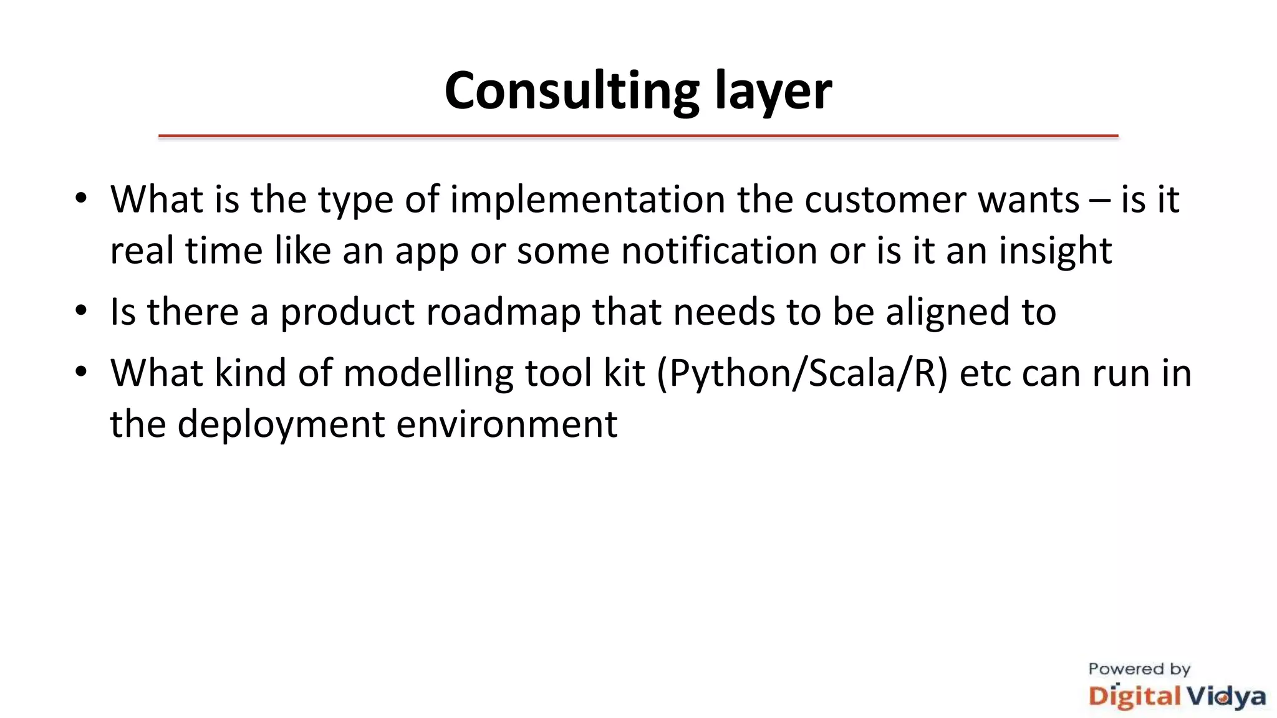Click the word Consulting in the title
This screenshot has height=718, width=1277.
(571, 92)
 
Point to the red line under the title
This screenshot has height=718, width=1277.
(638, 135)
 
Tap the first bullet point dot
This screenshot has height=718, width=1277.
(80, 199)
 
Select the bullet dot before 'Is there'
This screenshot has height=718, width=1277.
(80, 310)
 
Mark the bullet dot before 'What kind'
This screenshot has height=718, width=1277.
(80, 372)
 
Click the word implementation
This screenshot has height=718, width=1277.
(587, 201)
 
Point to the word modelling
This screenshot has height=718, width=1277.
(428, 374)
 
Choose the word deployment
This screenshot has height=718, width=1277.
(281, 425)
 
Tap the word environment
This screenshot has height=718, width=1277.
(506, 425)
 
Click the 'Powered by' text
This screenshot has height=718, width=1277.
(1139, 669)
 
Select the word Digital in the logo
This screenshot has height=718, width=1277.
(1134, 696)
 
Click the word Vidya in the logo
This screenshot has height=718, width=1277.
(1225, 696)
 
